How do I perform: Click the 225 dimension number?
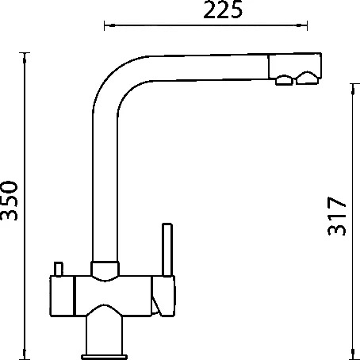pos(223,10)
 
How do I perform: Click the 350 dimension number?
pos(9,201)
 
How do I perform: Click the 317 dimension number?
pos(336,216)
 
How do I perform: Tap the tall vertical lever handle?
pos(167,250)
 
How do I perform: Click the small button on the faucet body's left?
pos(59,270)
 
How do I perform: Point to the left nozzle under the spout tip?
pos(284,80)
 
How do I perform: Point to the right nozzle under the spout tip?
pos(306,78)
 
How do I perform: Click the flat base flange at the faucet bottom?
pos(105,357)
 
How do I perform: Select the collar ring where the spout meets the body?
pos(105,269)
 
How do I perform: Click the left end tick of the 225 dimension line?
pos(105,25)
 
